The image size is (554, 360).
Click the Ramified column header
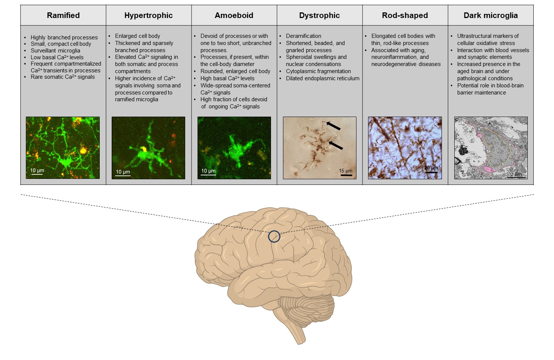[63, 15]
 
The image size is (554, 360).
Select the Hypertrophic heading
[148, 15]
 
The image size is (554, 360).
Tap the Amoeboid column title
[234, 15]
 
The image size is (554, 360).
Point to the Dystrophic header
[319, 15]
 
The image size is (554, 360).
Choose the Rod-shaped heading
[405, 15]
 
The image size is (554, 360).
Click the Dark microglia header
[491, 15]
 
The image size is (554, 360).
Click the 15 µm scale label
[346, 171]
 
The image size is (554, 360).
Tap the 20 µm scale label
[431, 168]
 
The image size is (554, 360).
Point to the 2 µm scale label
[516, 174]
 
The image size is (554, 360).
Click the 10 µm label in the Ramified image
[37, 170]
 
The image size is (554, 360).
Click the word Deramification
[304, 36]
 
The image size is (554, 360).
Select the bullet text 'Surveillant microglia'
[55, 51]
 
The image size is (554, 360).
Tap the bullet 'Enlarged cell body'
[138, 36]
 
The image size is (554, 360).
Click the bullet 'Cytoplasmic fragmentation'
[318, 71]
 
